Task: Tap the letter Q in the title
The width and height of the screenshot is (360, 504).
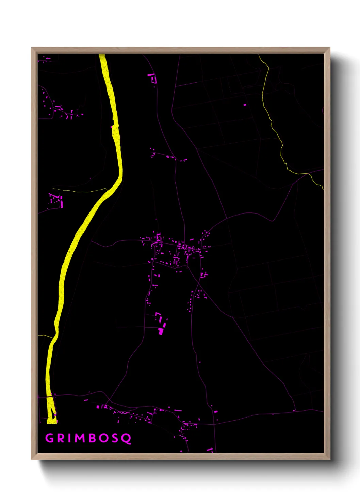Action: (127, 439)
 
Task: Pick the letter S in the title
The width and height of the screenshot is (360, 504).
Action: (115, 438)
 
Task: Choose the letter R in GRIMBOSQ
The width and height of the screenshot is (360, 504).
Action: (61, 438)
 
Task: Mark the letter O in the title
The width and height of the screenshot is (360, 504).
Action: (103, 438)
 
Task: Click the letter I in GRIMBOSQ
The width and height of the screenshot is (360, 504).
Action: (70, 438)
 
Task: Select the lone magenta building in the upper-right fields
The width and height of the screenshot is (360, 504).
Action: (245, 105)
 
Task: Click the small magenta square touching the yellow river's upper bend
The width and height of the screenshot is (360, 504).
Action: (112, 127)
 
